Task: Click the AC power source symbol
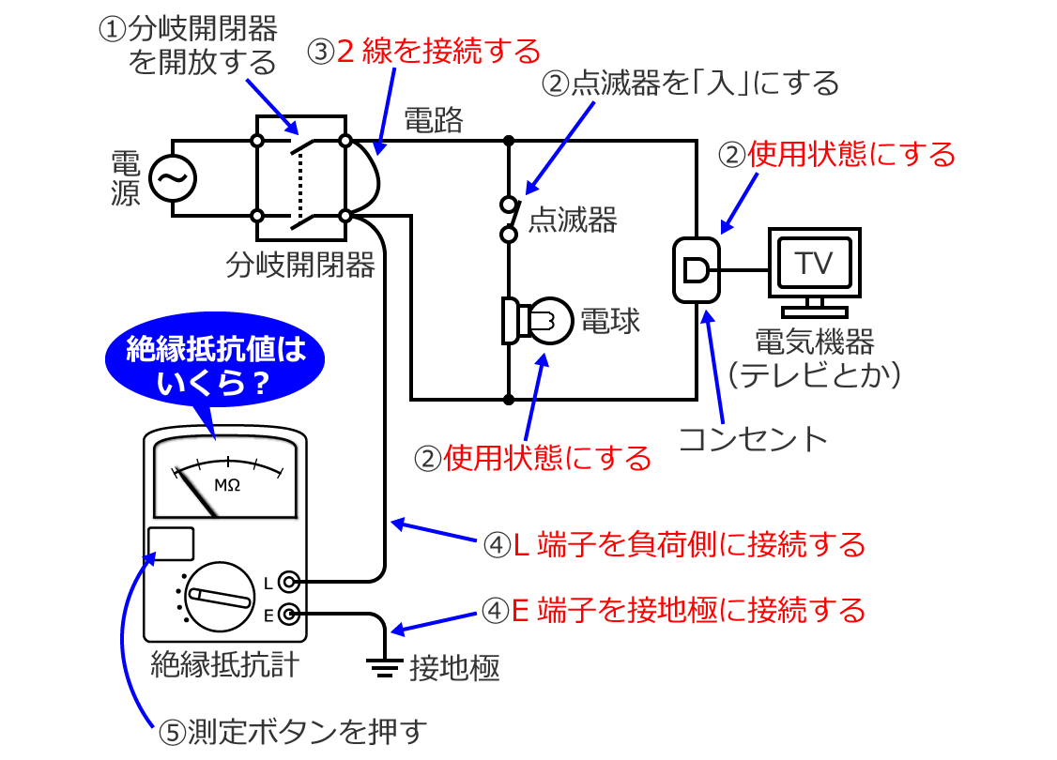(x=172, y=178)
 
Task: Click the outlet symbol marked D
(x=697, y=271)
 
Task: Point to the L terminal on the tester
(x=290, y=583)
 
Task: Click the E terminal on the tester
(x=290, y=616)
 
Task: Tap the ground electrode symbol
(x=381, y=667)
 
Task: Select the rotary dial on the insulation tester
(x=219, y=595)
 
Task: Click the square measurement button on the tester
(x=171, y=544)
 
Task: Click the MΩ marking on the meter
(x=227, y=485)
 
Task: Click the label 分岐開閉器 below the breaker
(x=300, y=266)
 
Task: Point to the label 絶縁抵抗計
(x=225, y=664)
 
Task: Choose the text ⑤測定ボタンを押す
(x=292, y=730)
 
